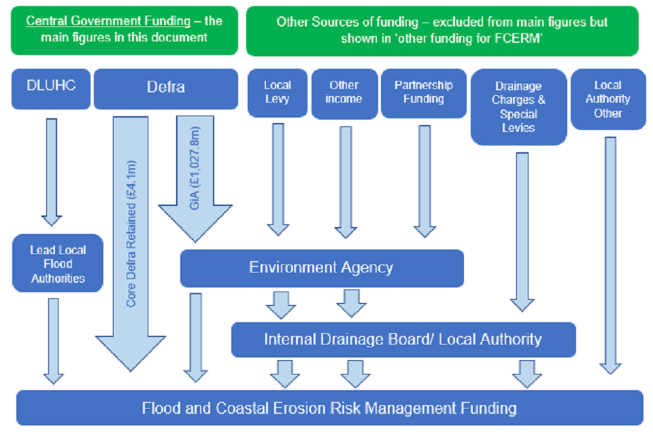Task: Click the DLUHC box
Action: click(51, 88)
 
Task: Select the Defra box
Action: click(166, 88)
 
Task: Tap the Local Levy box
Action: click(277, 92)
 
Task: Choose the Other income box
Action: click(344, 94)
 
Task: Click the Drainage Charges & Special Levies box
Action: click(518, 107)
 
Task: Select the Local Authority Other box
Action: click(607, 99)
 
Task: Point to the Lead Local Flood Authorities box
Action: click(58, 264)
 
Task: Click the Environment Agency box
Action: click(321, 268)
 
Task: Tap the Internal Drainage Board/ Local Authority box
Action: click(403, 339)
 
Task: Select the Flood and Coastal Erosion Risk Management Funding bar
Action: click(329, 408)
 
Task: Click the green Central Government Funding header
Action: click(124, 30)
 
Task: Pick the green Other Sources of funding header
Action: click(442, 30)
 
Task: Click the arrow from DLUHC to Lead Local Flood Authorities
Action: click(52, 170)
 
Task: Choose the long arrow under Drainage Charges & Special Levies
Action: click(522, 231)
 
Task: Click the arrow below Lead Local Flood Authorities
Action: click(53, 340)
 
